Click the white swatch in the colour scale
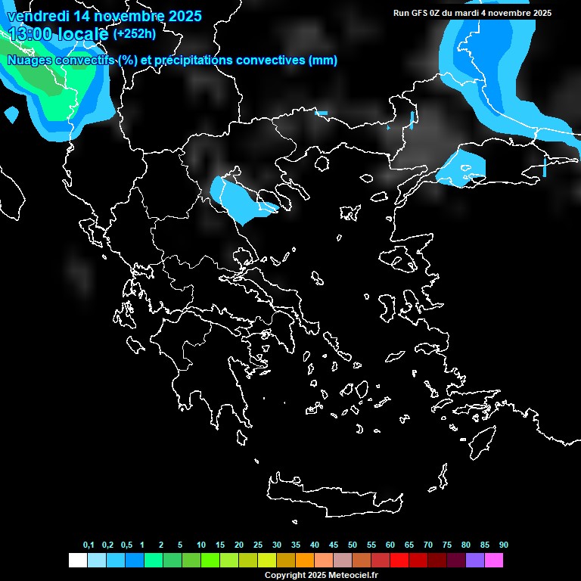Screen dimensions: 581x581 [x=77, y=561]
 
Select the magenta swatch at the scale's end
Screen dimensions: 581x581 [x=494, y=561]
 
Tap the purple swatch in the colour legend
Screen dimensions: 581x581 [x=475, y=561]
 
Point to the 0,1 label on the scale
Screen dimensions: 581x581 [x=89, y=545]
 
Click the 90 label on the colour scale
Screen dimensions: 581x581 [x=504, y=545]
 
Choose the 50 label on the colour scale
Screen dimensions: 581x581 [x=353, y=545]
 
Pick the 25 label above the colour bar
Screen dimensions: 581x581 [x=258, y=545]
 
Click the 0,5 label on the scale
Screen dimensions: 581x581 [x=126, y=545]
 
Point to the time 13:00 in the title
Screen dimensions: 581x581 [x=30, y=33]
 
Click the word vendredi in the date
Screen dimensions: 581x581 [x=35, y=16]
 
